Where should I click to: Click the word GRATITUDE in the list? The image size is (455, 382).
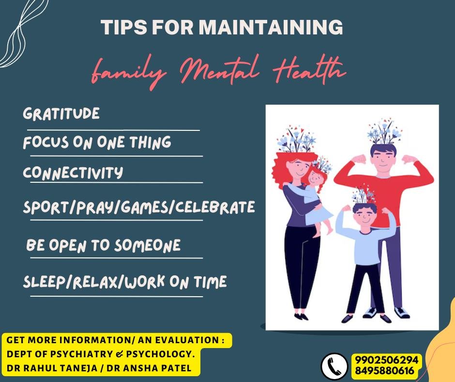(61, 113)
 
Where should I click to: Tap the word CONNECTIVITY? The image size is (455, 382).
(73, 173)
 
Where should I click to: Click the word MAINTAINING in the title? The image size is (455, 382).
(271, 27)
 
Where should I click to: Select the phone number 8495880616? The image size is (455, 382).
(384, 371)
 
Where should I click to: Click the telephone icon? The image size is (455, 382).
(334, 366)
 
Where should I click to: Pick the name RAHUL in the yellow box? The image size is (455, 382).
(40, 368)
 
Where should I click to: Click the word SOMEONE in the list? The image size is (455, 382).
(147, 246)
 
